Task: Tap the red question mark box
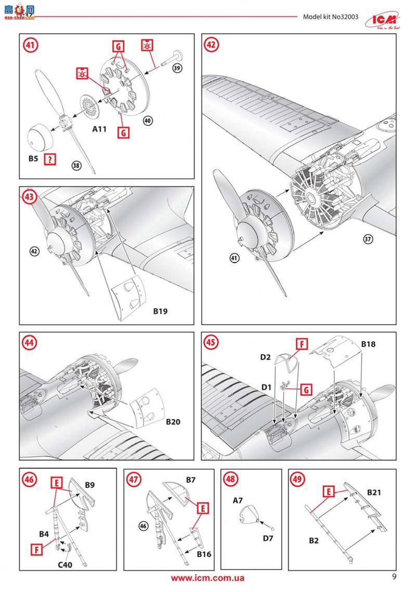click(x=50, y=160)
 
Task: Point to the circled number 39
click(x=178, y=69)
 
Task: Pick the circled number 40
click(x=148, y=120)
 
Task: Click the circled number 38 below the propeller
click(x=76, y=165)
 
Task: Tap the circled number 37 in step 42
click(x=369, y=239)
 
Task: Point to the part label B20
click(x=173, y=422)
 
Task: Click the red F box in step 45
click(x=302, y=344)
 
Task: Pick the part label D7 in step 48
click(x=268, y=538)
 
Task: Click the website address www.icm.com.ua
click(x=207, y=578)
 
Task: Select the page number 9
click(x=394, y=576)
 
